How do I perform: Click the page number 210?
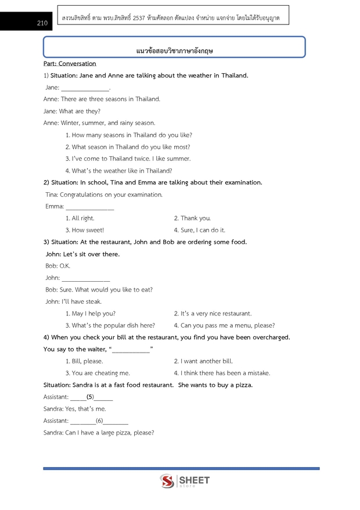point(41,24)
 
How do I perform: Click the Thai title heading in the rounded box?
point(174,51)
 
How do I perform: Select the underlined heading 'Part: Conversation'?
point(70,63)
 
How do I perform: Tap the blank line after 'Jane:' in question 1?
point(85,88)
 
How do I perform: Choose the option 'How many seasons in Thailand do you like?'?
point(128,135)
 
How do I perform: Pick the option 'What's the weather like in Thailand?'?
point(122,171)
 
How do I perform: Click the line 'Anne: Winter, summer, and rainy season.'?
point(99,123)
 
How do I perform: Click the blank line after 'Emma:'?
point(90,207)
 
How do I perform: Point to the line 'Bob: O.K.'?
point(57,266)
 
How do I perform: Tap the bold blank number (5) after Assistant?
point(90,397)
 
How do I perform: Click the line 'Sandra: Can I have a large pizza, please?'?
point(99,433)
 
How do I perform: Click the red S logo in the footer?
point(167,481)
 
